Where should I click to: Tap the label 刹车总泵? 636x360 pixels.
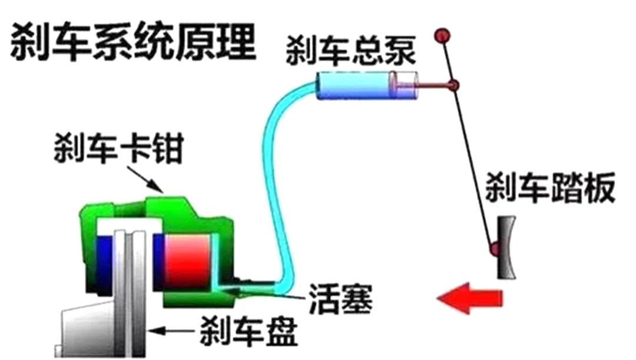352,51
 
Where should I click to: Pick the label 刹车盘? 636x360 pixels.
248,332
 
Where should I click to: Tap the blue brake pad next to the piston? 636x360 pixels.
158,262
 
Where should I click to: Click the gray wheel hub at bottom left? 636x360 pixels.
88,333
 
